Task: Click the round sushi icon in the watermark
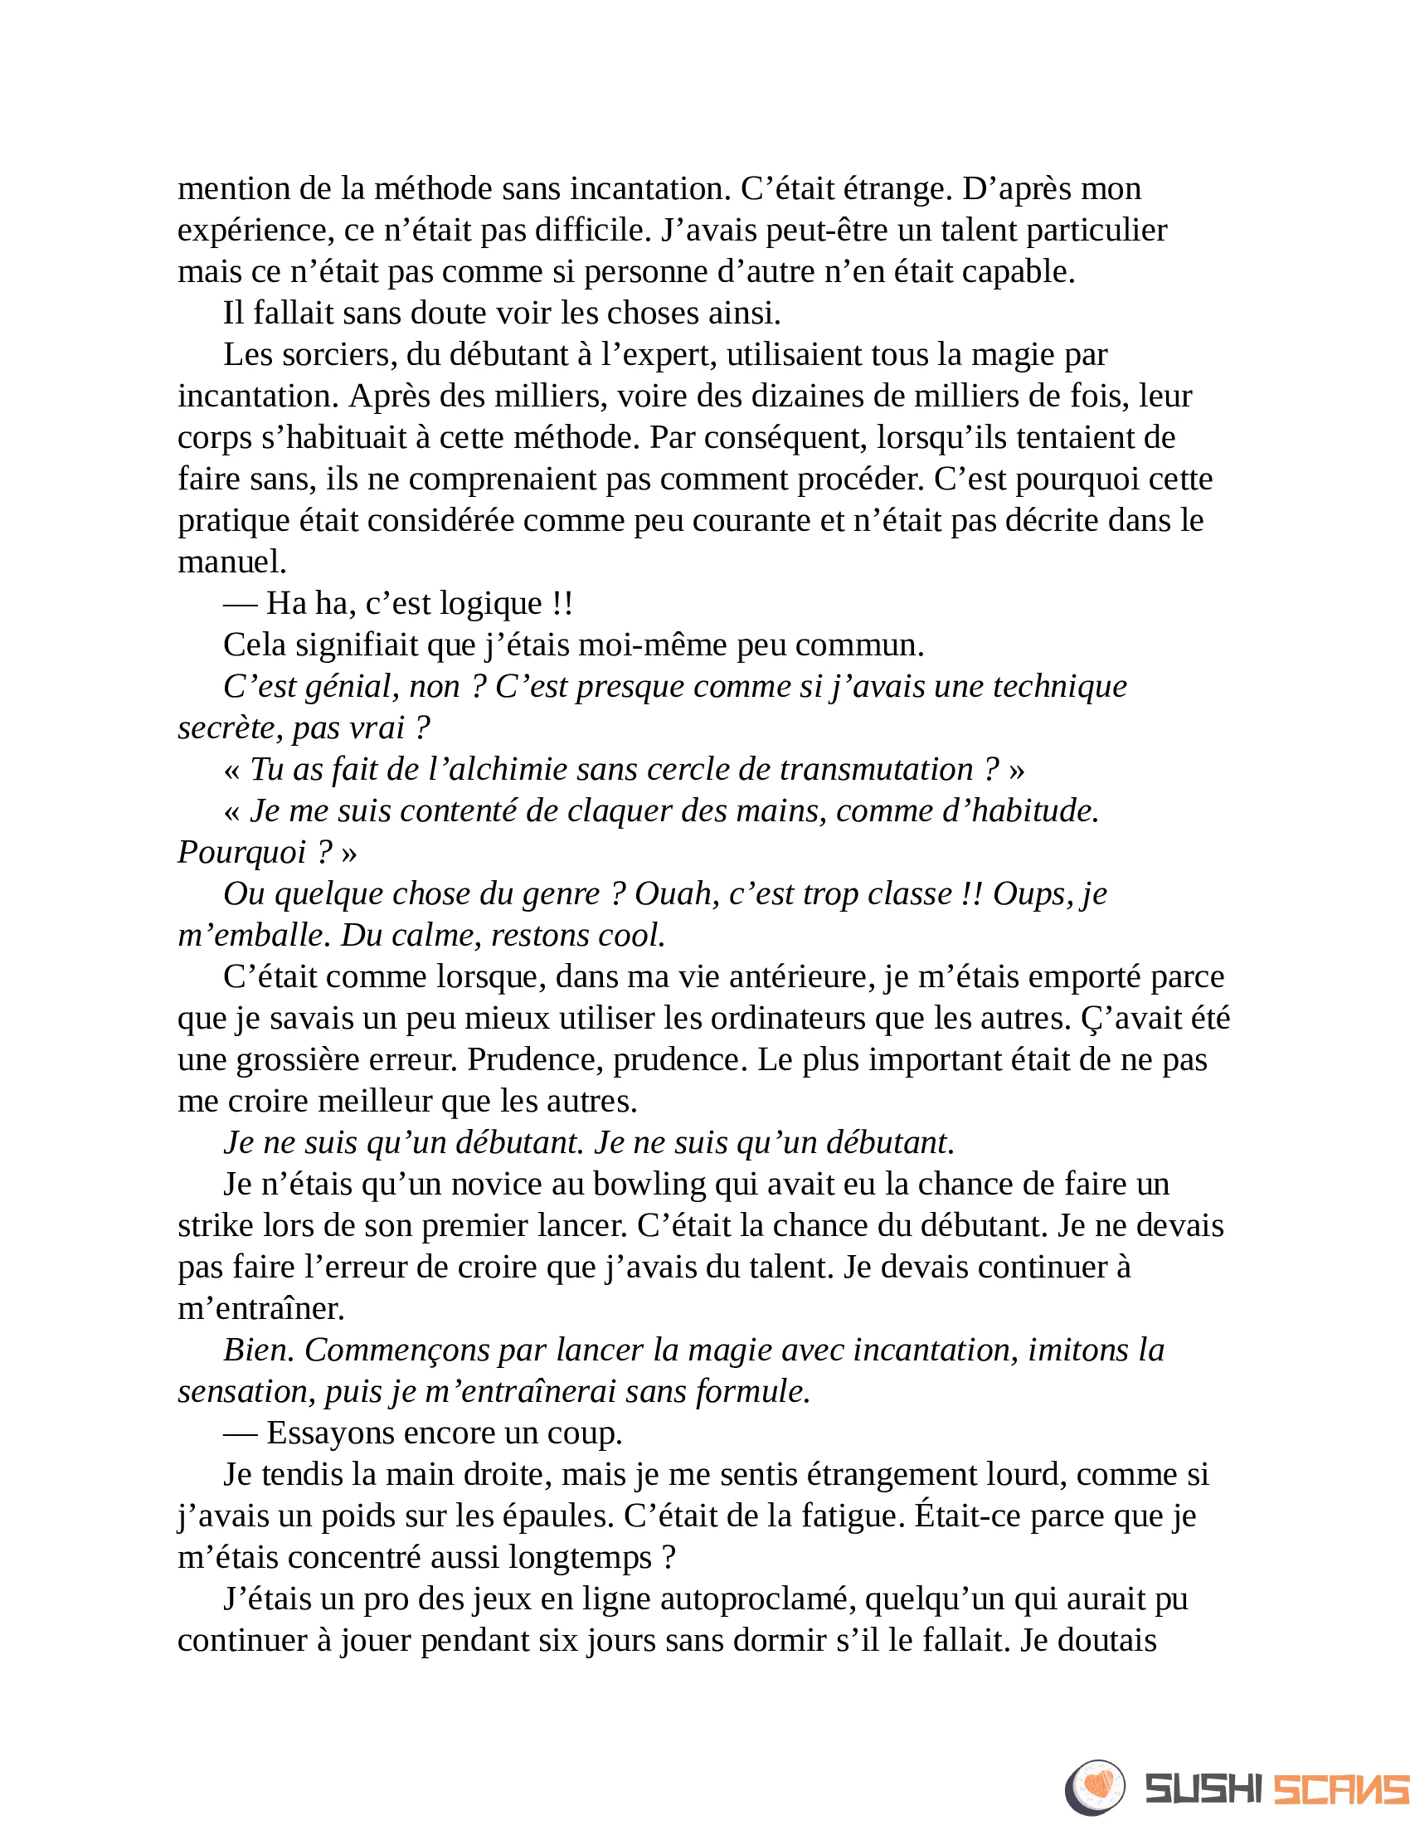click(x=1094, y=1788)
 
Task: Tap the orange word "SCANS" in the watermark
click(x=1339, y=1789)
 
